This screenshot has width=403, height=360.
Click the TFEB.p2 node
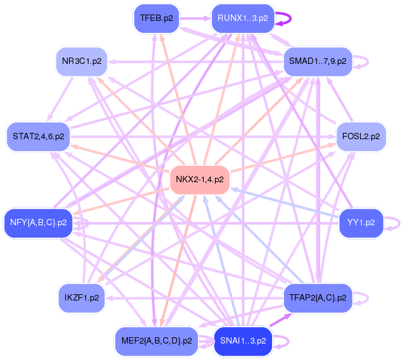(x=156, y=18)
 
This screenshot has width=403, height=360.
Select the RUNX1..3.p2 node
(x=242, y=18)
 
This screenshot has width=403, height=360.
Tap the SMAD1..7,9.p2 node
(x=317, y=61)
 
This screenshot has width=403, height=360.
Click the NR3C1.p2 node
(x=81, y=62)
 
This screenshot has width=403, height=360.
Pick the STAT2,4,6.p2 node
(x=38, y=136)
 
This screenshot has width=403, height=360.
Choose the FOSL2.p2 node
(x=361, y=136)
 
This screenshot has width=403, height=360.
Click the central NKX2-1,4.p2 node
(x=199, y=180)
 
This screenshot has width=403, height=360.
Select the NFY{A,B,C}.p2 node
(x=38, y=222)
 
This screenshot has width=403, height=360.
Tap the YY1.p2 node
(x=361, y=222)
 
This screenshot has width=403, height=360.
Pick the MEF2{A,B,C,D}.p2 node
(x=156, y=341)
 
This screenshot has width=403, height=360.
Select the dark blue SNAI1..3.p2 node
(x=243, y=341)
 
